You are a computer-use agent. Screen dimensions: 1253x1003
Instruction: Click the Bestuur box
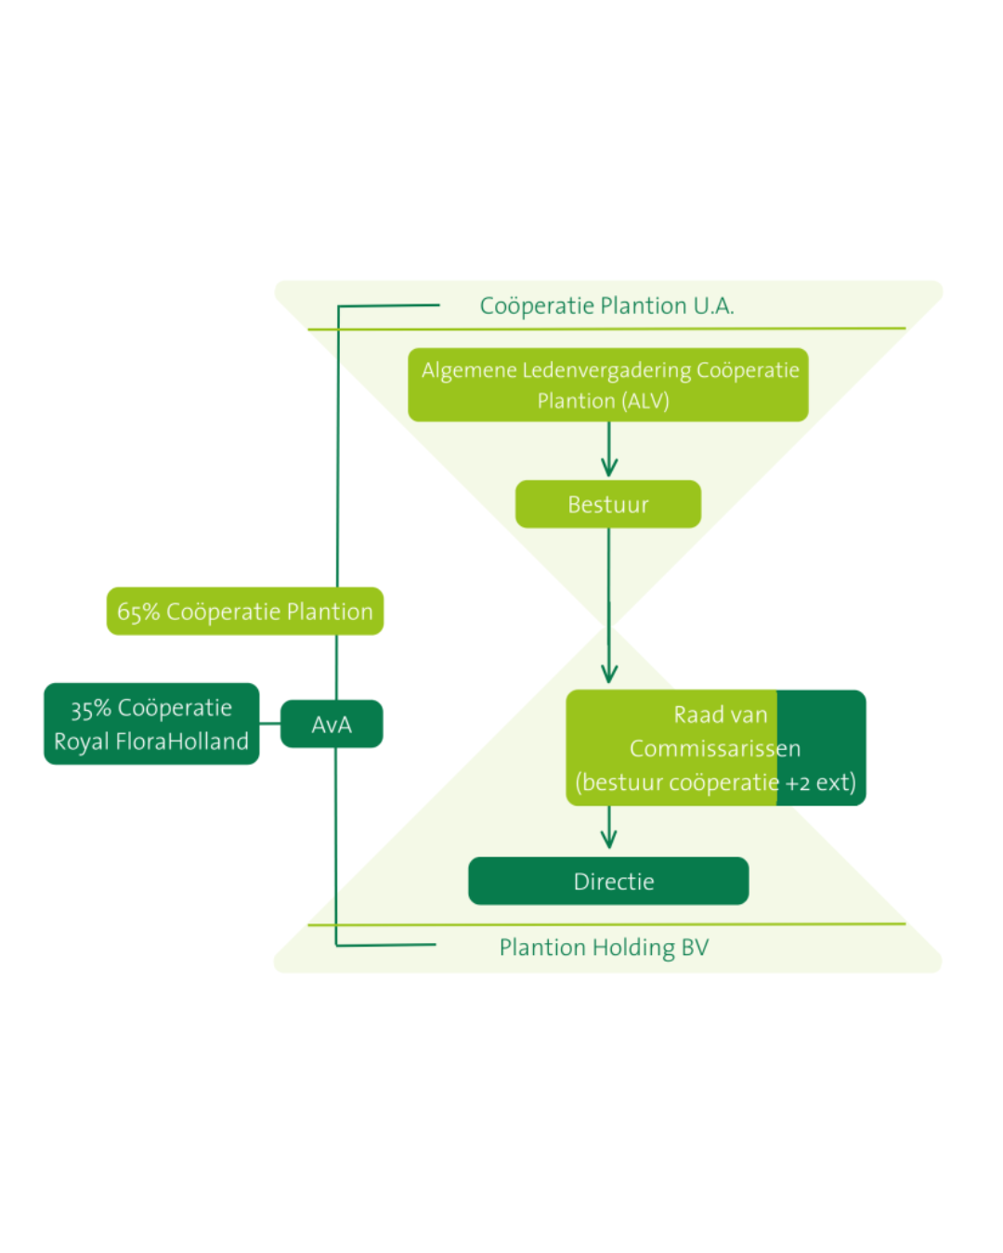point(608,504)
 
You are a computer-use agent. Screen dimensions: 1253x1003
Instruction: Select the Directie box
point(608,881)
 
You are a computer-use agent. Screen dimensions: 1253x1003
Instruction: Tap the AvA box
point(332,724)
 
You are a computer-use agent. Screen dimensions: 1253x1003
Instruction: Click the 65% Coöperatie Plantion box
point(245,612)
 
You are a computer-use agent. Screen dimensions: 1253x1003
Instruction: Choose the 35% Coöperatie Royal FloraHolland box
point(151,724)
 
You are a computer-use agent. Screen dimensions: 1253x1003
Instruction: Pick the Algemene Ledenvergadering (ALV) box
point(608,385)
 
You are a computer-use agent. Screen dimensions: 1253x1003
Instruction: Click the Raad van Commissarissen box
point(716,748)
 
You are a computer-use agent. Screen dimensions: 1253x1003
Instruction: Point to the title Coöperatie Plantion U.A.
point(606,305)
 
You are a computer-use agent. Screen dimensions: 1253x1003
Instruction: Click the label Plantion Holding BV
point(604,948)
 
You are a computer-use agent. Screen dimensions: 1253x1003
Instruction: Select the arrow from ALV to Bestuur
point(609,450)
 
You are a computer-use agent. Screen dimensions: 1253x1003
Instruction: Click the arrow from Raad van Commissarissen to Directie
point(609,828)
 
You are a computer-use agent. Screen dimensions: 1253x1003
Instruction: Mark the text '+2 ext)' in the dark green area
point(821,782)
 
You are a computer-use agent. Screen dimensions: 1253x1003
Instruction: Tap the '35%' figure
point(91,709)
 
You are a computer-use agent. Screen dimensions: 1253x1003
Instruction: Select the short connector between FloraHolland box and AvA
point(269,723)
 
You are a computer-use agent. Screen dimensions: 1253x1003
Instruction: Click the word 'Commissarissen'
point(715,749)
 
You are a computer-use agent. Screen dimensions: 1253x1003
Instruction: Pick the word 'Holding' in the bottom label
point(633,948)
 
